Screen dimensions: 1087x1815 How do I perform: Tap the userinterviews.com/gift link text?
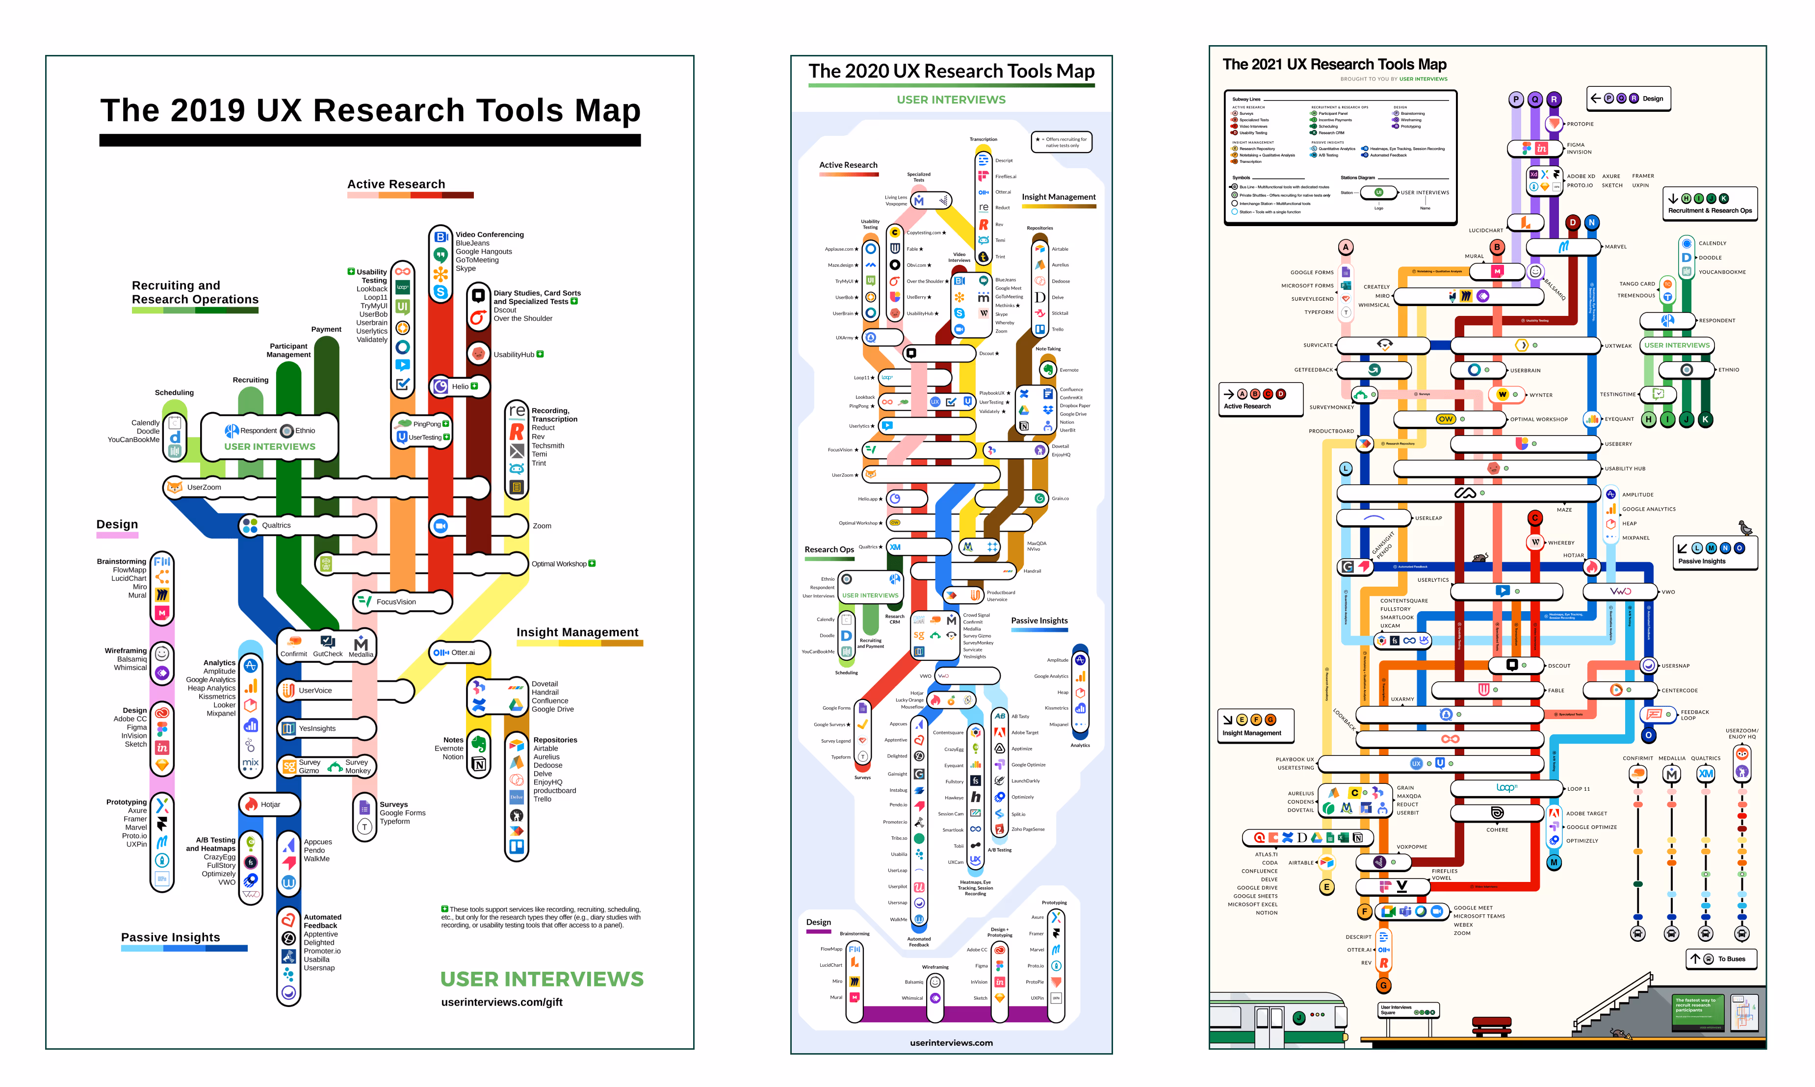tap(502, 1002)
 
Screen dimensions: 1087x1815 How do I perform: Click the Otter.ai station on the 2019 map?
tap(462, 652)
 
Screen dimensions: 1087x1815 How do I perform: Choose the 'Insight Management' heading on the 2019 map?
tap(577, 632)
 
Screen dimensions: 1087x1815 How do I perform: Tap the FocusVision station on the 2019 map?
tap(395, 602)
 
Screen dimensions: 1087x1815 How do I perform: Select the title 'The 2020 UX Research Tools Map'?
tap(952, 71)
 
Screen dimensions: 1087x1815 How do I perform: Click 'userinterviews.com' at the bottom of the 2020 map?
tap(952, 1043)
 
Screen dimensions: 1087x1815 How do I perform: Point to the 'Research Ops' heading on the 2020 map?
tap(829, 549)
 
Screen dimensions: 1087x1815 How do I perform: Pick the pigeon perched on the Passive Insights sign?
tap(1745, 528)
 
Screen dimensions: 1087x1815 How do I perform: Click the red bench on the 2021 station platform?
tap(1491, 1025)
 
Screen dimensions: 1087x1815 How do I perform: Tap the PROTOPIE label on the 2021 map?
tap(1580, 124)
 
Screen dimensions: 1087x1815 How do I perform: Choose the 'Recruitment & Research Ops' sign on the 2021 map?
tap(1710, 205)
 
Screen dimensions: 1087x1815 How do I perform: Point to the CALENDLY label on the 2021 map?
tap(1712, 243)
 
